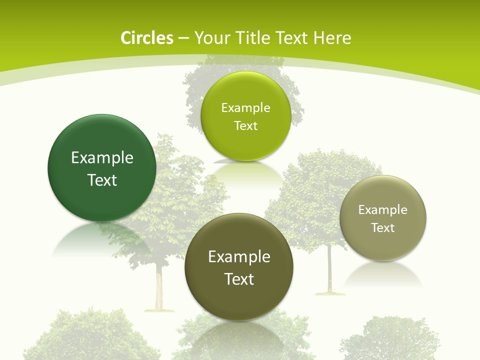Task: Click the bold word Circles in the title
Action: click(x=146, y=38)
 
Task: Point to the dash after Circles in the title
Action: click(x=183, y=38)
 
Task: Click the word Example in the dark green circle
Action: click(x=102, y=158)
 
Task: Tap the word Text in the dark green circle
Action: click(x=102, y=180)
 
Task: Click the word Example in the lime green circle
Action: click(x=245, y=108)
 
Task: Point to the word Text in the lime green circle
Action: click(x=245, y=126)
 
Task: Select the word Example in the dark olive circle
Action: click(x=239, y=257)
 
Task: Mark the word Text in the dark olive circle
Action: click(x=239, y=279)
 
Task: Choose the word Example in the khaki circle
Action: click(x=383, y=210)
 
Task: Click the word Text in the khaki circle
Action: click(x=383, y=228)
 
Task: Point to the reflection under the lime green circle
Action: click(x=245, y=172)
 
